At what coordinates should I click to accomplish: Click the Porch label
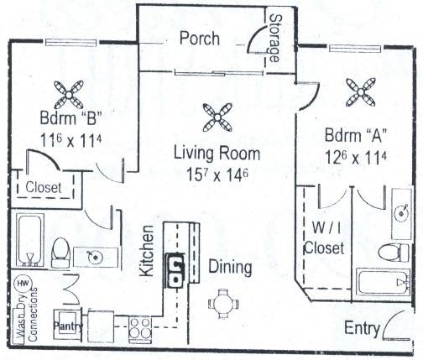coord(199,39)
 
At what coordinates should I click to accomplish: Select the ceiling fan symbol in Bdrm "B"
coord(67,90)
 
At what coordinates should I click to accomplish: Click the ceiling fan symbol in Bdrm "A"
coord(361,88)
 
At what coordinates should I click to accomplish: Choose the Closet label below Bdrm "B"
coord(43,188)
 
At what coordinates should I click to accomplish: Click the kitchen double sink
coord(176,269)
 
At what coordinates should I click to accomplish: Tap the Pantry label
coord(66,323)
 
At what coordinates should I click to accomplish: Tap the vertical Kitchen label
coord(146,251)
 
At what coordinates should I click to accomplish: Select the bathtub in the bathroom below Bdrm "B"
coord(31,239)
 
